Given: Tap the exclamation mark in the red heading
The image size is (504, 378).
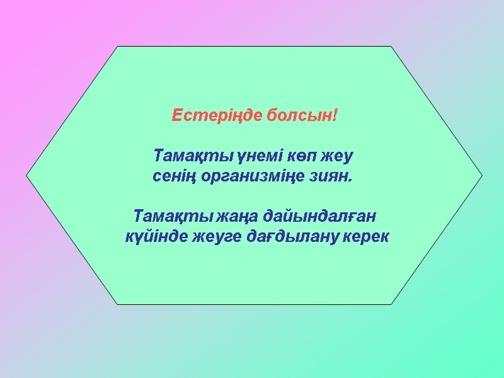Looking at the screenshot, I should click(336, 117).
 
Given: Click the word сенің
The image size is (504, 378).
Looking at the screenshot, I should click(176, 176).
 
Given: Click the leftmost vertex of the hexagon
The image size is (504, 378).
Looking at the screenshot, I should click(26, 175).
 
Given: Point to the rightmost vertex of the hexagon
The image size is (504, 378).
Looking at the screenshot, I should click(483, 175).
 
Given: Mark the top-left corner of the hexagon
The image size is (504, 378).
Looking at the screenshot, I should click(118, 46).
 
